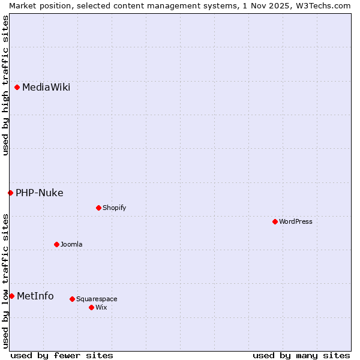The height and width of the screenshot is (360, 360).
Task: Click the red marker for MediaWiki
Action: [17, 88]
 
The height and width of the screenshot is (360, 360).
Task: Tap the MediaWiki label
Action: [46, 88]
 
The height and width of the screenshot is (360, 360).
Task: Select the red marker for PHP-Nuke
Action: [11, 193]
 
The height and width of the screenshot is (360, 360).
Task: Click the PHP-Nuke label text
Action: [40, 193]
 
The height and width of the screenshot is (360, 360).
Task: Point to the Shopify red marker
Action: [98, 208]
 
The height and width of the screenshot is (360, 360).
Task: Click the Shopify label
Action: [115, 208]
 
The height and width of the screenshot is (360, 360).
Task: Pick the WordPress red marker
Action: [275, 221]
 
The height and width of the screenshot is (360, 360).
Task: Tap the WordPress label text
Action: [296, 222]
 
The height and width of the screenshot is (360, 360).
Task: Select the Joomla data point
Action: [56, 244]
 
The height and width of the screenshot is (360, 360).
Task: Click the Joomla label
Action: [71, 245]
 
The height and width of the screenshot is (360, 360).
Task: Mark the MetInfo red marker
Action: [11, 296]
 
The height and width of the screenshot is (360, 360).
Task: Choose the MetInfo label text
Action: [35, 296]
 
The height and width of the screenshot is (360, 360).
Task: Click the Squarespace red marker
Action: [72, 299]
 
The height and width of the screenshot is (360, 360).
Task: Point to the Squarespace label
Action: [97, 299]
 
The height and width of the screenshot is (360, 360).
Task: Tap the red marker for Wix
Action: [91, 307]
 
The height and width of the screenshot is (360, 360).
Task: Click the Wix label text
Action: [101, 308]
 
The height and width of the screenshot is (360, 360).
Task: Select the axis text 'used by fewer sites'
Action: [62, 356]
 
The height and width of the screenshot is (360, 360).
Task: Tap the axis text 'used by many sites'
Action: [301, 356]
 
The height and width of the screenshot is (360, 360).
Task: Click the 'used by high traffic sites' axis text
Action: [5, 85]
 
